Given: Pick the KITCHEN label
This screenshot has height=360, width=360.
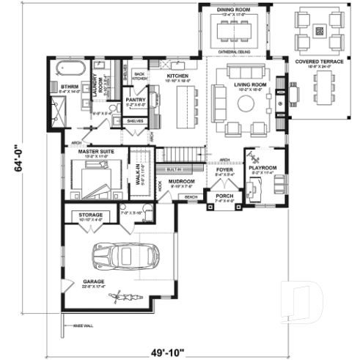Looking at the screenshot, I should pyautogui.click(x=178, y=76).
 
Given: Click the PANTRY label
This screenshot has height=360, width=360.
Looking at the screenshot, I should pyautogui.click(x=135, y=99).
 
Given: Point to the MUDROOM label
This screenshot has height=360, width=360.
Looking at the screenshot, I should pyautogui.click(x=180, y=180).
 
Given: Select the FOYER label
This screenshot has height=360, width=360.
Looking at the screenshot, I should pyautogui.click(x=224, y=169).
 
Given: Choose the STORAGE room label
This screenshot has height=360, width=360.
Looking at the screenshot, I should pyautogui.click(x=91, y=215).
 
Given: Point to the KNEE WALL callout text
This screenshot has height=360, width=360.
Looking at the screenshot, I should pyautogui.click(x=81, y=326).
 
